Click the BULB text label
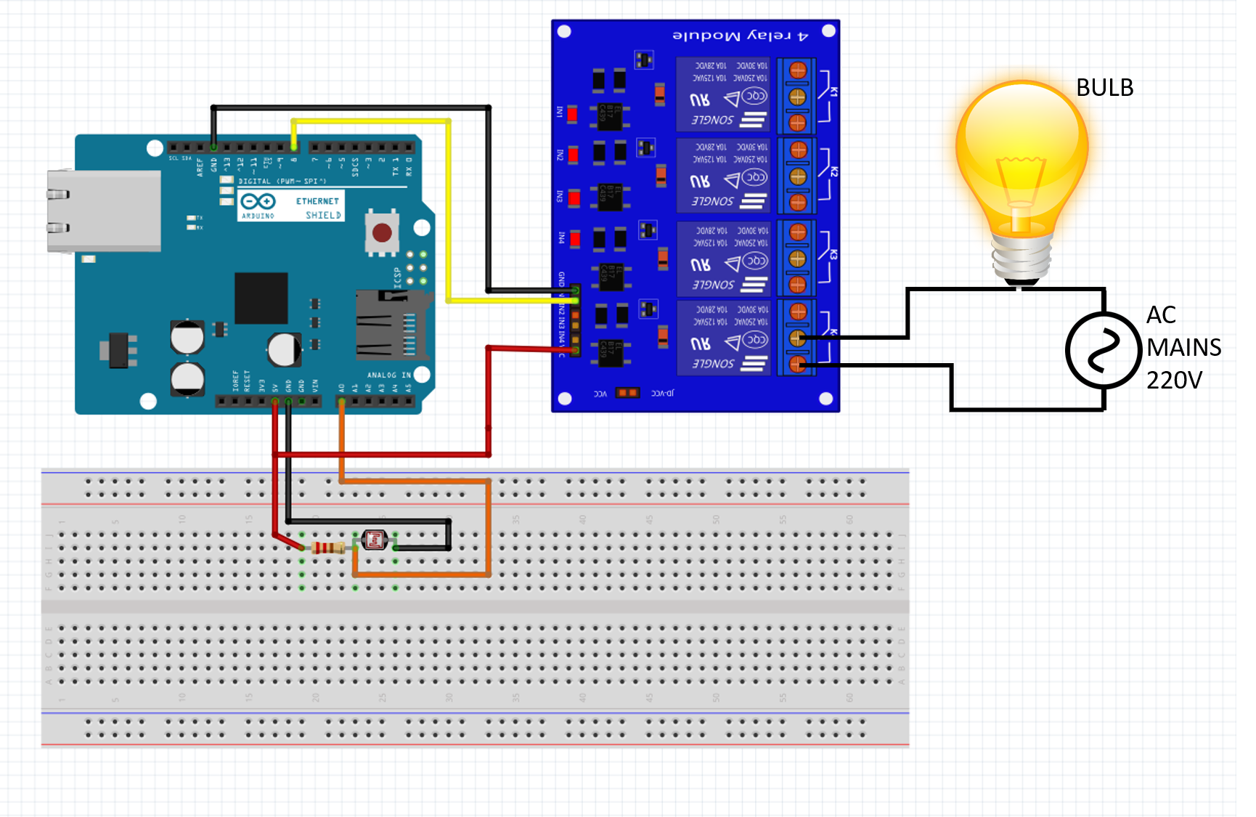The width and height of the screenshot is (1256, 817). coord(1104,88)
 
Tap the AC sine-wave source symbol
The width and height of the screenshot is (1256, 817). coord(1103,351)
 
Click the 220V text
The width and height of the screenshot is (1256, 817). coord(1174,380)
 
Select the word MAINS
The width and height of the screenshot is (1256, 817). coord(1183,347)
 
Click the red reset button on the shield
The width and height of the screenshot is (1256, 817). coord(382,233)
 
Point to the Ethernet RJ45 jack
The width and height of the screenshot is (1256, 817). coord(102,211)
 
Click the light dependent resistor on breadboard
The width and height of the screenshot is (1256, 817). coord(375,540)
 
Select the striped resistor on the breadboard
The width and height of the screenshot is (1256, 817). coord(328,548)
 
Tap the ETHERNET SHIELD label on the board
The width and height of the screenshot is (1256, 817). coord(318,208)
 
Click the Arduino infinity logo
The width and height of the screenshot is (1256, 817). coord(258,201)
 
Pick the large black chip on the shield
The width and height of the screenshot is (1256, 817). coord(261,299)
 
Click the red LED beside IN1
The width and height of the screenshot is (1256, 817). coord(572,114)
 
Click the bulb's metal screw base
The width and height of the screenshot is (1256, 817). coord(1022,259)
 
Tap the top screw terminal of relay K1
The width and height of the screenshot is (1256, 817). coord(797,70)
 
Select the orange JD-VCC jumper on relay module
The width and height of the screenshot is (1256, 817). coord(627,393)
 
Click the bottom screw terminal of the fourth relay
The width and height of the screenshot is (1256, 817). coord(797,364)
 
